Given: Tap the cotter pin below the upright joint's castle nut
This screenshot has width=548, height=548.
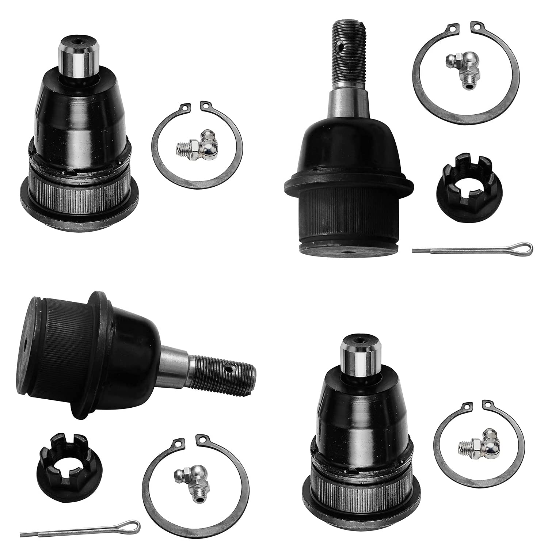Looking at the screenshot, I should [471, 248].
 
